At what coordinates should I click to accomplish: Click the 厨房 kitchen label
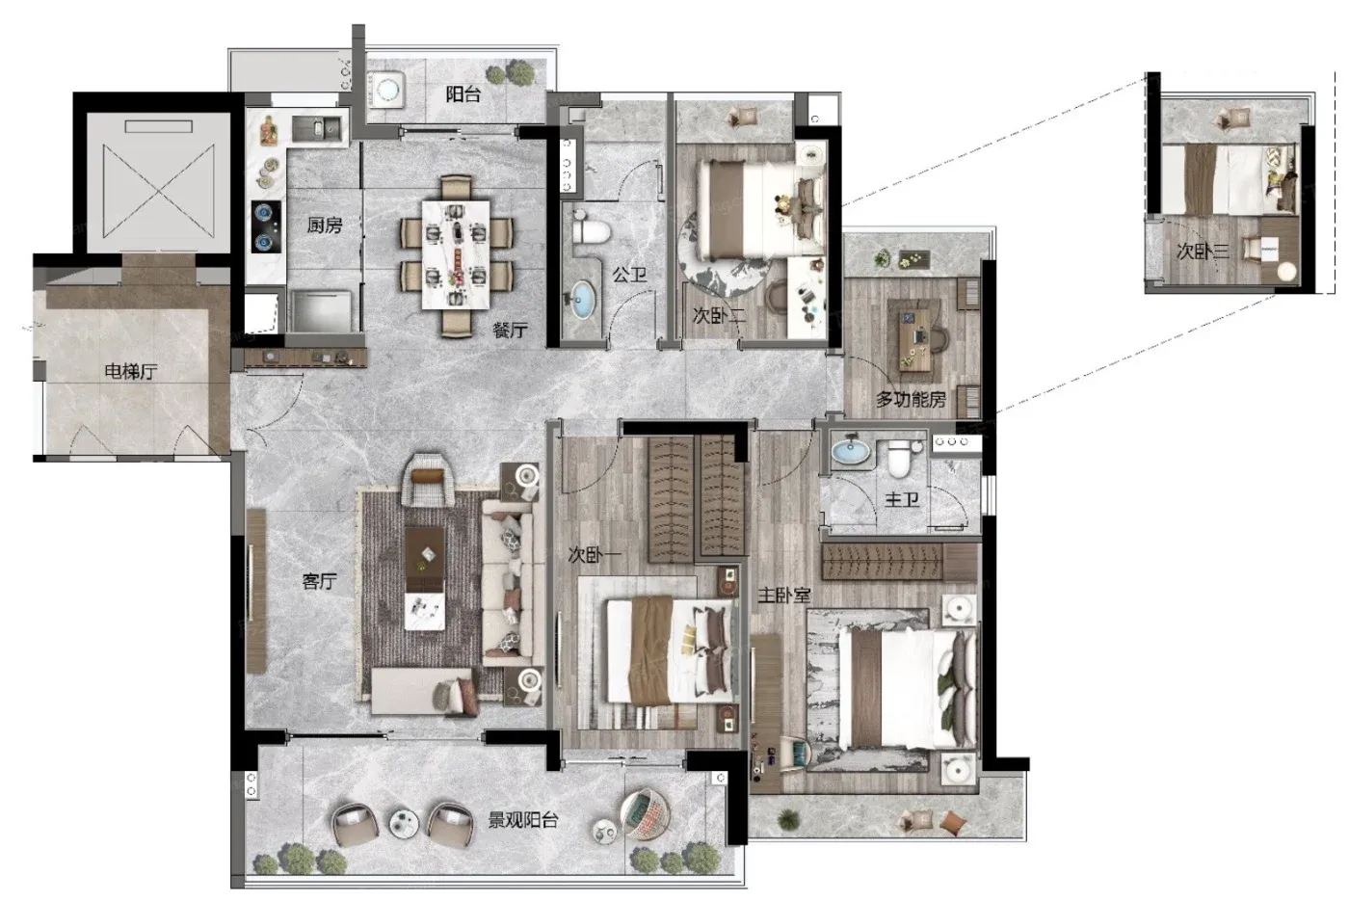(325, 225)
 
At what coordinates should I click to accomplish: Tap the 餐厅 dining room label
(510, 330)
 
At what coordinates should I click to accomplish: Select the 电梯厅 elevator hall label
(131, 371)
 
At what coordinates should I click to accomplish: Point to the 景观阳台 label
(522, 820)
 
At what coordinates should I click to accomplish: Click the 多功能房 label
(911, 399)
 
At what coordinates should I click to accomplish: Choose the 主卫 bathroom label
(902, 499)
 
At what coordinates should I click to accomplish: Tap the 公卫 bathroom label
(629, 275)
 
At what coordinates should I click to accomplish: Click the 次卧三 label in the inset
(1203, 251)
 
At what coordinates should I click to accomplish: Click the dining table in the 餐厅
(456, 254)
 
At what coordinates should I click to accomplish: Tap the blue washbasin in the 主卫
(850, 451)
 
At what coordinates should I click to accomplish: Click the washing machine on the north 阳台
(387, 90)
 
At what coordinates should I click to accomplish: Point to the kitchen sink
(317, 129)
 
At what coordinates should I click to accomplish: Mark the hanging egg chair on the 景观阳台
(645, 813)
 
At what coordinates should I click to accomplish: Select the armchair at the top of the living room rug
(429, 480)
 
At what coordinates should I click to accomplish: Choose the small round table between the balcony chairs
(404, 823)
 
